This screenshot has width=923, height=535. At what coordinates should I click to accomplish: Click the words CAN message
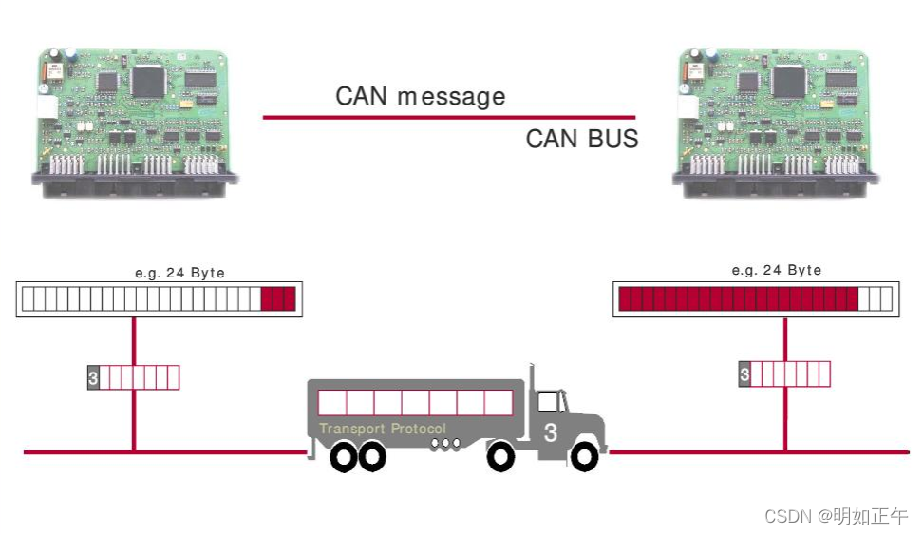point(420,96)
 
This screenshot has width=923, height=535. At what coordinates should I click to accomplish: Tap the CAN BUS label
point(581,139)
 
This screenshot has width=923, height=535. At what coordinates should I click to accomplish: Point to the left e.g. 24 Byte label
point(180,273)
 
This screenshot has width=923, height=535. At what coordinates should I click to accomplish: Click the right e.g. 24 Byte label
point(777,270)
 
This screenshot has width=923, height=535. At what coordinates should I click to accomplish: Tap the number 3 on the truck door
point(551,433)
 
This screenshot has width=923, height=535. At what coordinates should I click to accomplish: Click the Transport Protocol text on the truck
point(383,429)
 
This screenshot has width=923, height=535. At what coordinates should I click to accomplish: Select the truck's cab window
point(549,402)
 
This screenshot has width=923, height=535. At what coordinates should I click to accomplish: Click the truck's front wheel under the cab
point(500,458)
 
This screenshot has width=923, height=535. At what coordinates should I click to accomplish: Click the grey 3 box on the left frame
point(93,377)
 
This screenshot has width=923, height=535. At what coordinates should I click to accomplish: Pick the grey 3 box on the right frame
point(744,374)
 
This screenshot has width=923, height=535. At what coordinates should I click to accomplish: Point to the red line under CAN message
point(448,117)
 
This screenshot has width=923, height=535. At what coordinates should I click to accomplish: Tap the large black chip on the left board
point(148,81)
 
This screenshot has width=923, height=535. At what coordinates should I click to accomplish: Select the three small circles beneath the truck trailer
point(439,444)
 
